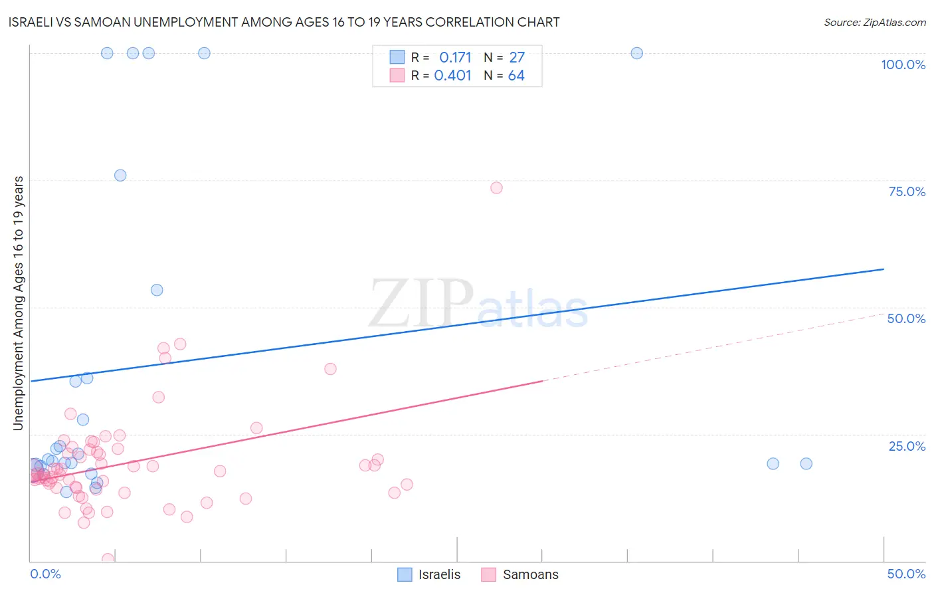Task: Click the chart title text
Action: coord(284,22)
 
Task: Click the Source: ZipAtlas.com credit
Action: coord(874,22)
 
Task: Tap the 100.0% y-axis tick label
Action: coord(903,64)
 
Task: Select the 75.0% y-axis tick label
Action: coord(907,191)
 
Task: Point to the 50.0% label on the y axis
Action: coord(906,318)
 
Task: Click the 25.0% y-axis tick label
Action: coord(907,446)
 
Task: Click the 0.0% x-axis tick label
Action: coord(45,574)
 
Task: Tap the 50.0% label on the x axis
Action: coord(906,574)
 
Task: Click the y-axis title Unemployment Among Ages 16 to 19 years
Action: coord(19,303)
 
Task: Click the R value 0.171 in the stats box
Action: coord(455,57)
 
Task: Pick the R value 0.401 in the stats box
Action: coord(452,75)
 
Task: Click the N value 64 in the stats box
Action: coord(516,75)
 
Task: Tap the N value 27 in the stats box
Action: coord(517,57)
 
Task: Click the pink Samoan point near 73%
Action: coord(496,187)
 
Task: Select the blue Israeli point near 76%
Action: coord(120,176)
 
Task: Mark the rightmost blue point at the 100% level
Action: coord(636,53)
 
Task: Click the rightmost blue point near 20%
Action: coord(806,463)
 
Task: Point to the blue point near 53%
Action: coord(157,290)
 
